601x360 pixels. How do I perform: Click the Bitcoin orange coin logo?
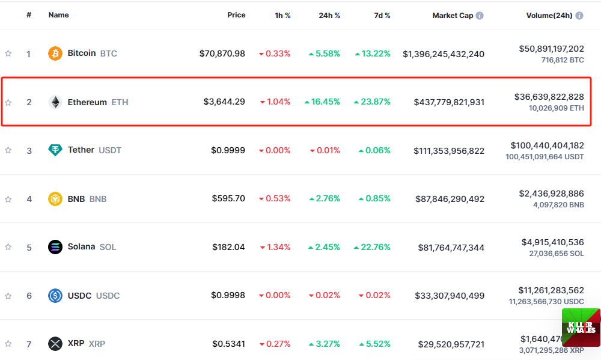coord(55,53)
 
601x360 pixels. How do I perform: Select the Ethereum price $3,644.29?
coord(224,102)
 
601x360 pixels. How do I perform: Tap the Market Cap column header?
coord(453,16)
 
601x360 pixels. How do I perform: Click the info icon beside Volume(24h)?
coord(579,16)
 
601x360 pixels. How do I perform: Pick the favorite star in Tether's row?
coord(8,150)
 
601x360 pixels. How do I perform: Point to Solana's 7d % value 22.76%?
coord(373,247)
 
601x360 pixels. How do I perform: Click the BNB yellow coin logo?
coord(55,199)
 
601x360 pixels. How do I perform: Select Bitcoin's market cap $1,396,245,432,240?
coord(444,54)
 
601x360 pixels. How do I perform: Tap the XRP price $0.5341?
coord(228,344)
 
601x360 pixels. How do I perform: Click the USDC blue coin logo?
coord(55,296)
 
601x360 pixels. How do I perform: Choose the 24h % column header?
coord(329,16)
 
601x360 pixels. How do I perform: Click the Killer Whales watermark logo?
coord(581,328)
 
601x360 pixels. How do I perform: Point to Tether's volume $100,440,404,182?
coord(547,145)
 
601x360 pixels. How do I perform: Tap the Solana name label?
coord(81,247)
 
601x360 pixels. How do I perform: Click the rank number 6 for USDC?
coord(29,296)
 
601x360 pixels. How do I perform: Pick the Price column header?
coord(236,15)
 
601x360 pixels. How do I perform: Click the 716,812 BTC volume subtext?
coord(562,60)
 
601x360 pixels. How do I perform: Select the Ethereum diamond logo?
coord(55,102)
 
